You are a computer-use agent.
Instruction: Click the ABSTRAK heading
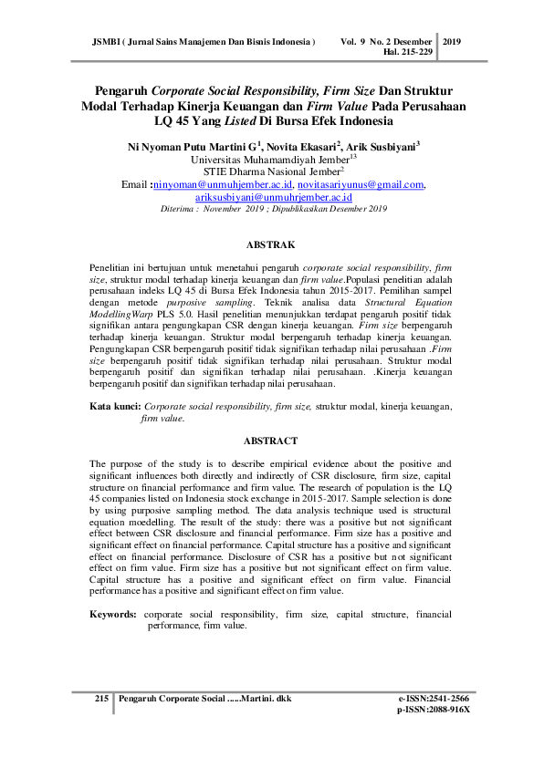pos(271,246)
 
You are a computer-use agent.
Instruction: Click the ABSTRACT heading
pos(271,441)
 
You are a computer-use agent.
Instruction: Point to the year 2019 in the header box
pos(453,42)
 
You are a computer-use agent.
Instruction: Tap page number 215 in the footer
pos(101,698)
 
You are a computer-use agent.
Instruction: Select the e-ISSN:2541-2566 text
pos(434,698)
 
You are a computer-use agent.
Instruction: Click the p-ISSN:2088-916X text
pos(434,709)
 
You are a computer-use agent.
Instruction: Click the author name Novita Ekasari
pos(300,145)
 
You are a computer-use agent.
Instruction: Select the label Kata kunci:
pos(114,408)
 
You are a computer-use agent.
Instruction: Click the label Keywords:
pos(114,615)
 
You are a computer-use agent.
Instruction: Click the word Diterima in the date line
pos(178,209)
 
